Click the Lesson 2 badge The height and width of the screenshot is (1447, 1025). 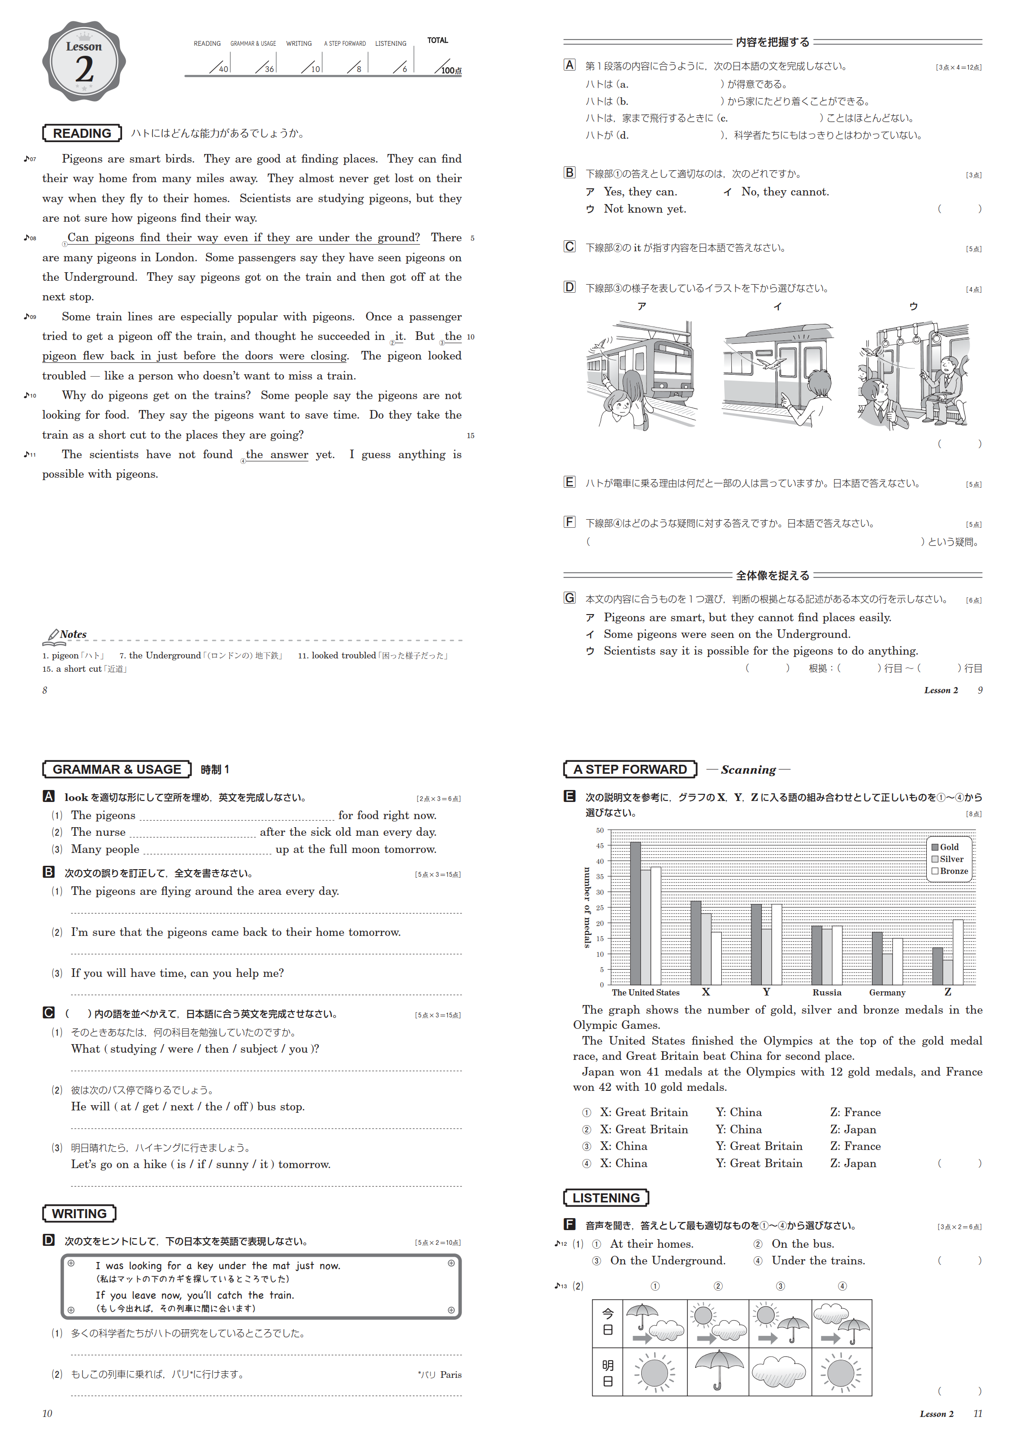pos(84,61)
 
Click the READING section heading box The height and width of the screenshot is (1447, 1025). pos(82,133)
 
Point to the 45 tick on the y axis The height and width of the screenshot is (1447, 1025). pos(600,846)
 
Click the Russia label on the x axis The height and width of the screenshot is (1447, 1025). pos(826,993)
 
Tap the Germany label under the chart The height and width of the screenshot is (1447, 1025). pos(887,993)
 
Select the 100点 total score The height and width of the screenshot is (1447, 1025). pos(451,70)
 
